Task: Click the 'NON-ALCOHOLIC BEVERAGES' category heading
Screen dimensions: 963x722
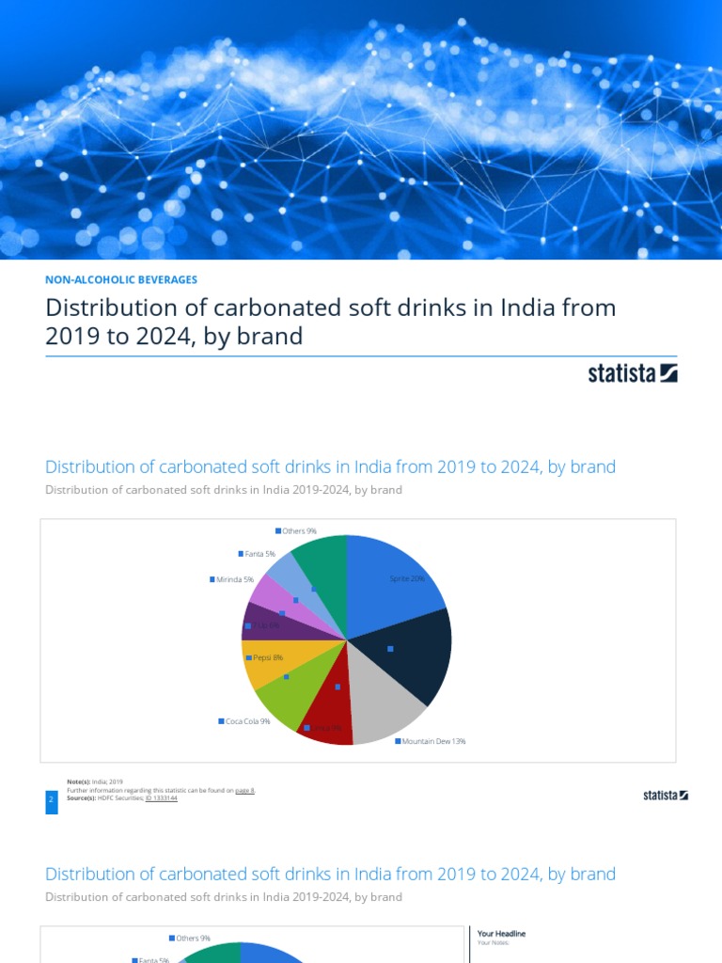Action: pyautogui.click(x=121, y=279)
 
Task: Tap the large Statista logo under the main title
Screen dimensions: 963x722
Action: pyautogui.click(x=633, y=373)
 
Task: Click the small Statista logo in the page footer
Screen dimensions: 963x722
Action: pyautogui.click(x=666, y=795)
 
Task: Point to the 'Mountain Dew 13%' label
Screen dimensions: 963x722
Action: pyautogui.click(x=431, y=741)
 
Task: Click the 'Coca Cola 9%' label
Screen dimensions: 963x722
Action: pyautogui.click(x=245, y=721)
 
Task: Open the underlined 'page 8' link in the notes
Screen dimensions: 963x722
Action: pyautogui.click(x=244, y=791)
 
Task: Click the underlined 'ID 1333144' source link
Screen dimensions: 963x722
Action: pyautogui.click(x=161, y=797)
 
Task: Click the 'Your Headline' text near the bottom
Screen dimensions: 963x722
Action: pyautogui.click(x=501, y=933)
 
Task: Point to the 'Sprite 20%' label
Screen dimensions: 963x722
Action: pyautogui.click(x=407, y=578)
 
